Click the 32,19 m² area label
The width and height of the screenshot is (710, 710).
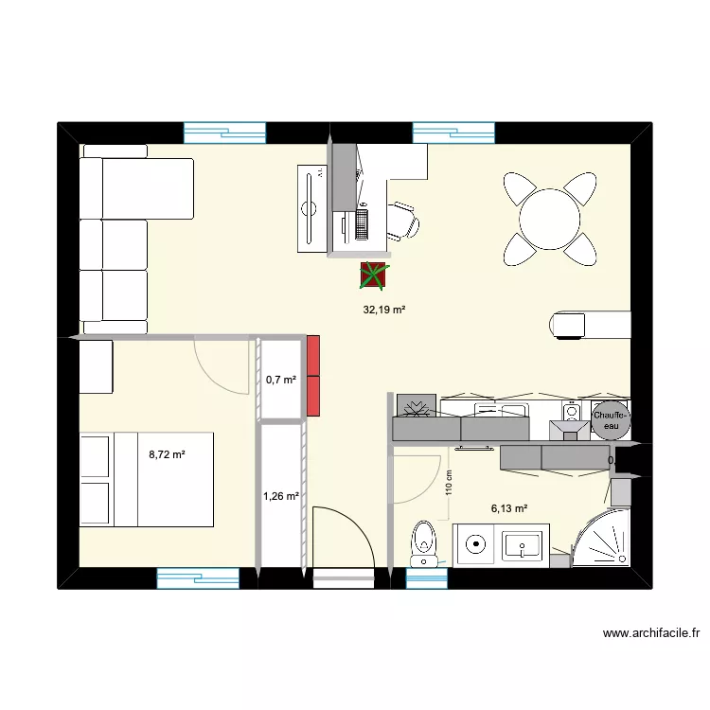tap(384, 309)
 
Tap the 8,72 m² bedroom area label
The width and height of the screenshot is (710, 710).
tap(167, 454)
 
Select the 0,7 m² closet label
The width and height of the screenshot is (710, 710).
tap(281, 380)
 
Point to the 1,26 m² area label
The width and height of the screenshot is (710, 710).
tap(281, 495)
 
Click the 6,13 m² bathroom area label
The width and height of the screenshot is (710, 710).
tap(508, 507)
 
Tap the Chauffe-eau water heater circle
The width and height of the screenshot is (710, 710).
tap(611, 420)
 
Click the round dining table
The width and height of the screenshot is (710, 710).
tap(550, 218)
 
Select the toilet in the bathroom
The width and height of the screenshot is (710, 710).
tap(423, 541)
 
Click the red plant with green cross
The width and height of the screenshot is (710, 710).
tap(374, 275)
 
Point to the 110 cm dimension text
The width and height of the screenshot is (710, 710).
tap(451, 484)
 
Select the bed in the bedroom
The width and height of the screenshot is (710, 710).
tap(147, 479)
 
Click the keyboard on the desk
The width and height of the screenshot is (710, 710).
tap(361, 223)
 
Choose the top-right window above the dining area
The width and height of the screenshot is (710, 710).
tap(454, 133)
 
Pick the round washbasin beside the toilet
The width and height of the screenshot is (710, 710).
tap(474, 544)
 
